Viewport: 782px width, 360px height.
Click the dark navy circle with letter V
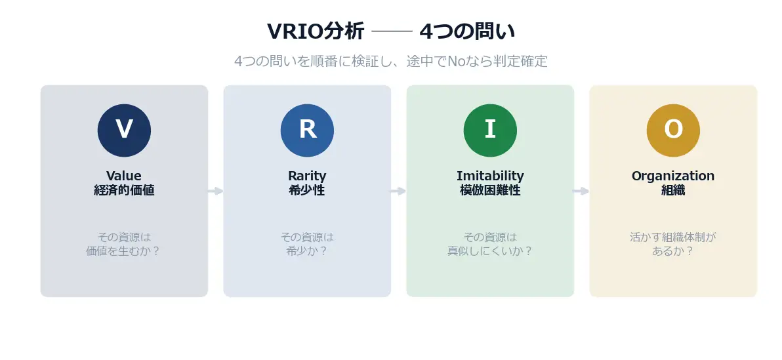coord(124,130)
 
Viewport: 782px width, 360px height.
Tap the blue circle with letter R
coord(307,130)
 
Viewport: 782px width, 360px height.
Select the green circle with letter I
coord(490,130)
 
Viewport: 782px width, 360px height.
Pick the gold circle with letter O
coord(673,130)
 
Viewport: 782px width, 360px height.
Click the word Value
coord(124,176)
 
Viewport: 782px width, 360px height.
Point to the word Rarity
coord(307,176)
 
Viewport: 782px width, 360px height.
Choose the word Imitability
coord(490,176)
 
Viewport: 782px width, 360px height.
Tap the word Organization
coord(673,176)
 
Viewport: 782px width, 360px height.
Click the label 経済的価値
coord(124,191)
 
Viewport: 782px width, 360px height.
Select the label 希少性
coord(307,191)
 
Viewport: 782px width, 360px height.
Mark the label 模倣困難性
coord(490,191)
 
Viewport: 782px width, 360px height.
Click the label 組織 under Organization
coord(673,191)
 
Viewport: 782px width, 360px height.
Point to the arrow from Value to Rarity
coord(215,191)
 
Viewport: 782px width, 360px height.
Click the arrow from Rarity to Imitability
coord(398,191)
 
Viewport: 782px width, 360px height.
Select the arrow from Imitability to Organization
coord(581,191)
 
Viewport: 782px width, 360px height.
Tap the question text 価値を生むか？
coord(123,251)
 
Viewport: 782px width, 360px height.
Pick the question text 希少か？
coord(307,251)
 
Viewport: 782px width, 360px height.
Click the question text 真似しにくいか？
coord(490,251)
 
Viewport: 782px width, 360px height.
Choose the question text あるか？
coord(673,251)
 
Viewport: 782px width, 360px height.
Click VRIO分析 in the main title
coord(316,31)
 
